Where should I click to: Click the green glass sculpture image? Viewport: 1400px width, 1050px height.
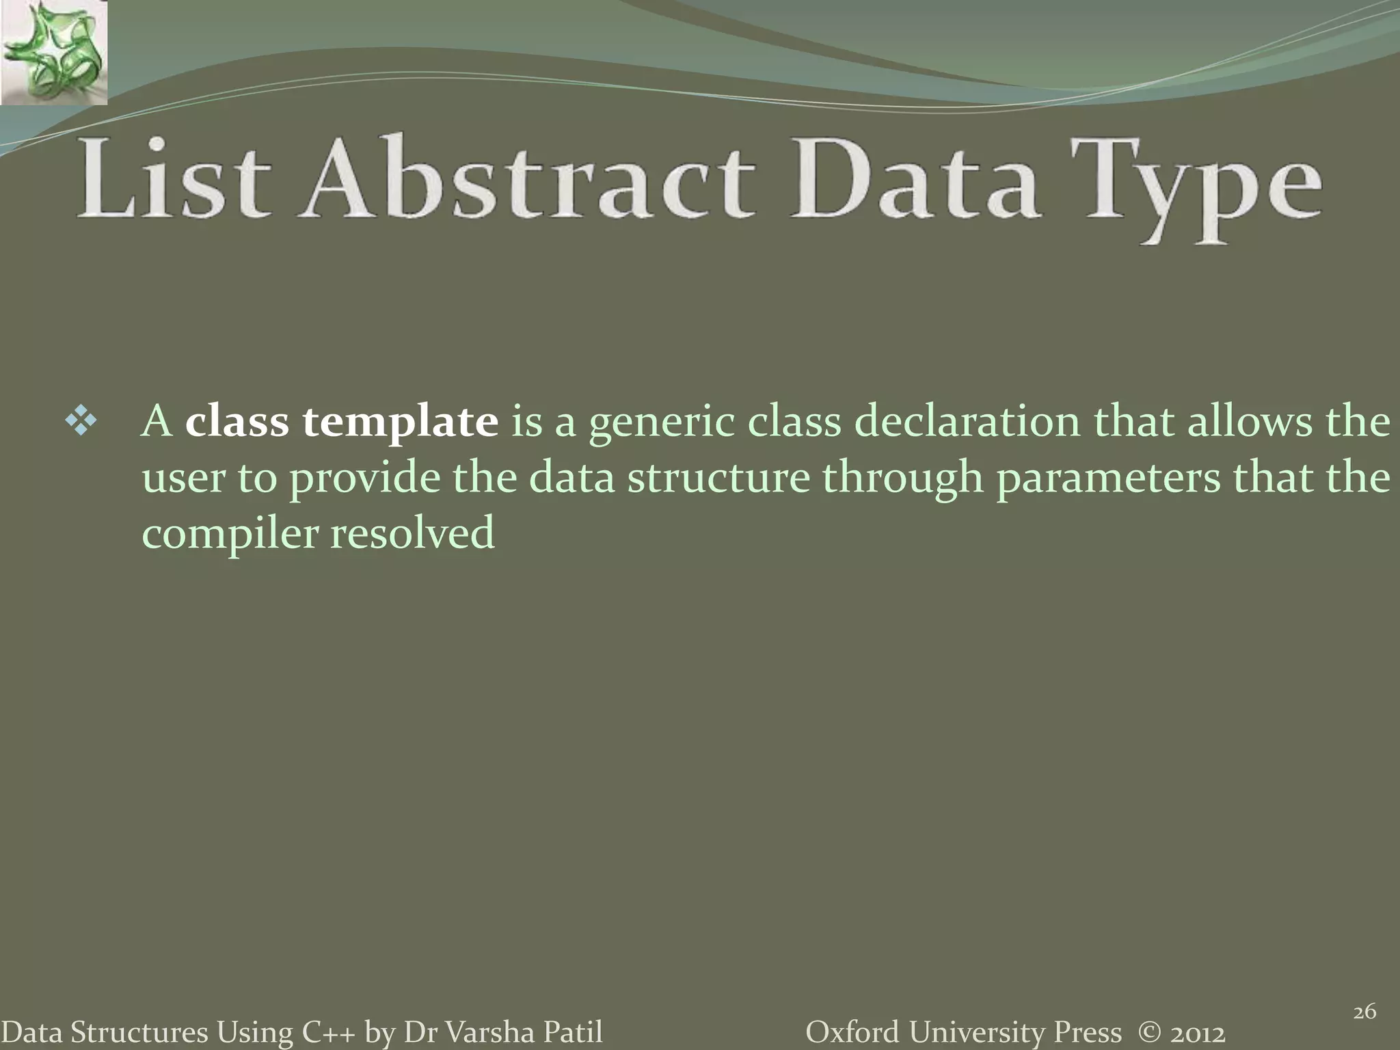(x=53, y=52)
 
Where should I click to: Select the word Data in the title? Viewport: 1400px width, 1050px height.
(x=916, y=179)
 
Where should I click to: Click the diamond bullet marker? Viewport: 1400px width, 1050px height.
(x=81, y=422)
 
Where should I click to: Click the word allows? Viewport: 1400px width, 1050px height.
(x=1250, y=422)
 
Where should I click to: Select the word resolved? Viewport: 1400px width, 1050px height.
(x=413, y=533)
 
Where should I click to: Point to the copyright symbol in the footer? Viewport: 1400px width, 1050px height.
(x=1150, y=1032)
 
